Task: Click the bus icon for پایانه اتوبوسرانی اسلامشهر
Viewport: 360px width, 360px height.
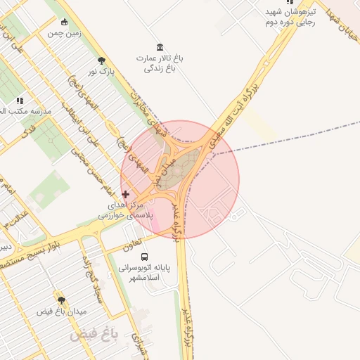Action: pyautogui.click(x=145, y=257)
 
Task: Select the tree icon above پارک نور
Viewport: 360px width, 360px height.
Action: pyautogui.click(x=102, y=60)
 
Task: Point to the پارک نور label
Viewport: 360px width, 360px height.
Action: pyautogui.click(x=101, y=71)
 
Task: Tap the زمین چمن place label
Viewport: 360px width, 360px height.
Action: pyautogui.click(x=64, y=32)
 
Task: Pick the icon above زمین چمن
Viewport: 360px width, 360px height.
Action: pyautogui.click(x=65, y=21)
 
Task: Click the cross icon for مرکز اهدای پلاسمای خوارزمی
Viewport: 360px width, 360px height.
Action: pyautogui.click(x=126, y=194)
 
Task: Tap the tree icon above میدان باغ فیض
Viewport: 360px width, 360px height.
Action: pyautogui.click(x=61, y=300)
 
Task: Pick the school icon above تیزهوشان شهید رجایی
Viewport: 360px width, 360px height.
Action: pyautogui.click(x=290, y=2)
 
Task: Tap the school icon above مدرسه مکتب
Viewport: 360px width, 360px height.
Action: pyautogui.click(x=20, y=101)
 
